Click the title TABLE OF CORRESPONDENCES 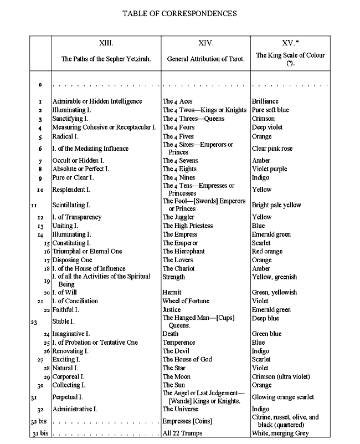[x=179, y=13]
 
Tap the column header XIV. [x=205, y=42]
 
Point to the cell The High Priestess [x=187, y=226]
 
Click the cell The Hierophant [x=183, y=251]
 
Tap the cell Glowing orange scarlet [x=283, y=397]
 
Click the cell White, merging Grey [x=280, y=433]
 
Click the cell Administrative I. [x=76, y=409]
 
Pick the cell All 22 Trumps [x=182, y=433]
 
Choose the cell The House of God [x=187, y=359]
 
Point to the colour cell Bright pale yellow [x=276, y=205]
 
